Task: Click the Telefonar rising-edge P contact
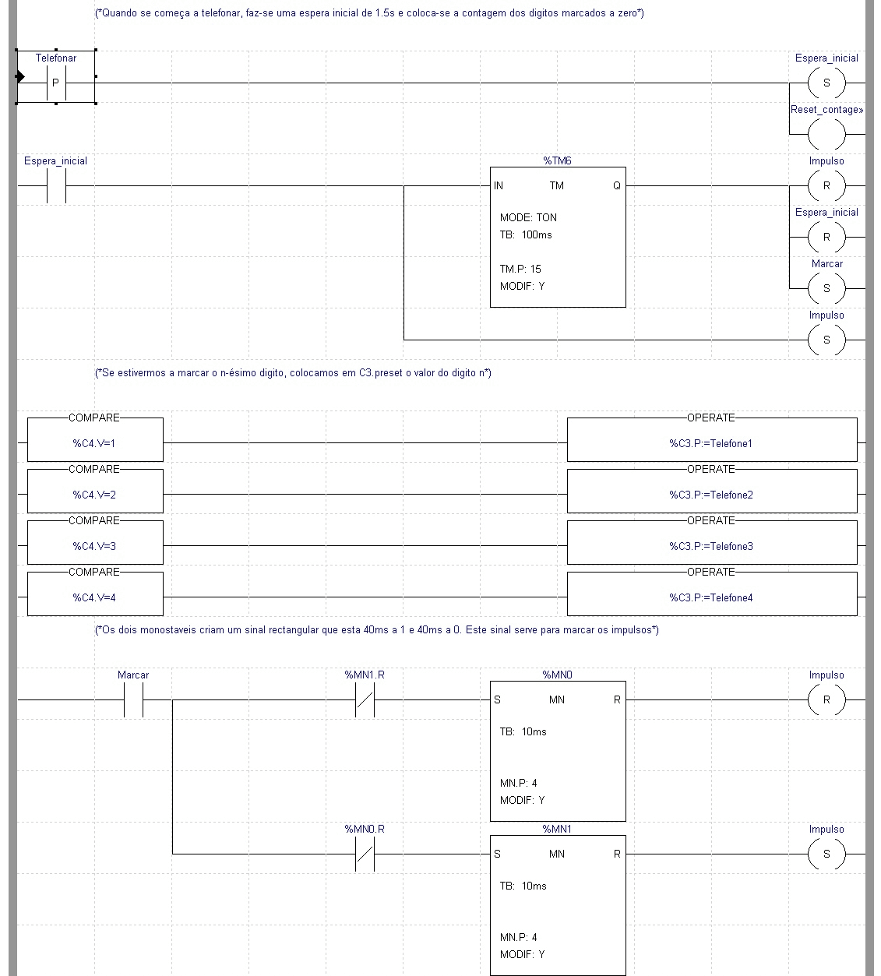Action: [55, 83]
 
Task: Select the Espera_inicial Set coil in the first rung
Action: [826, 83]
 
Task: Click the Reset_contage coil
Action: [826, 134]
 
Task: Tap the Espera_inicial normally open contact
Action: [55, 186]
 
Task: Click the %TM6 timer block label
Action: [557, 161]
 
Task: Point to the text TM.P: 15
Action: [520, 269]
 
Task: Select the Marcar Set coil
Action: [826, 288]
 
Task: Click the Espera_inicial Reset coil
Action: [826, 237]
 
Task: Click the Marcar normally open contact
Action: [133, 699]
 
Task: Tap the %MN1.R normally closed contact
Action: [365, 699]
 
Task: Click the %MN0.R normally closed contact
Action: [365, 854]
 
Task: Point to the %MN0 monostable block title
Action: [557, 675]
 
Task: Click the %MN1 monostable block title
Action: [557, 830]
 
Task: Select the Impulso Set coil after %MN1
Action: [826, 854]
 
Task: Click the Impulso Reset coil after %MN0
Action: [826, 699]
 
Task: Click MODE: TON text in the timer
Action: [528, 217]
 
